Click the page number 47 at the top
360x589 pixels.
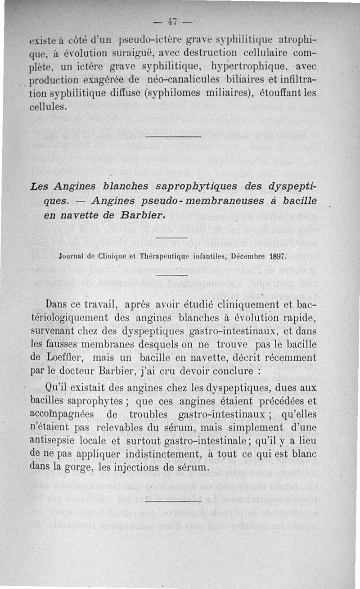173,21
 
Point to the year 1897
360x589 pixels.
278,257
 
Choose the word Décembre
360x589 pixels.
249,257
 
